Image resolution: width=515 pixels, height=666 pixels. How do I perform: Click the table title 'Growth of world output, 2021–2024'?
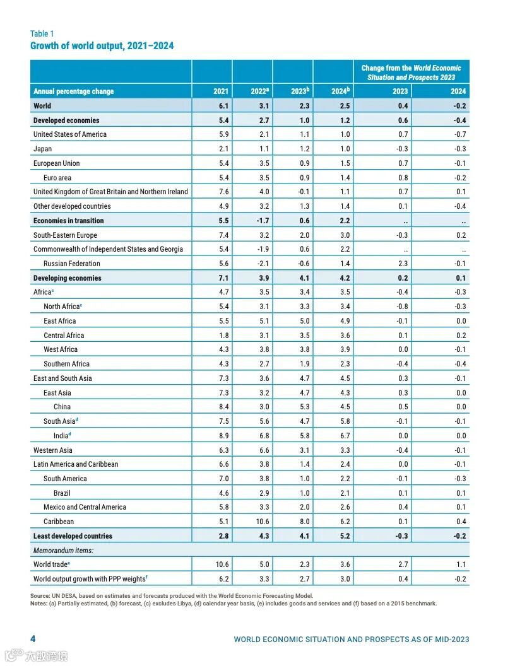pos(102,45)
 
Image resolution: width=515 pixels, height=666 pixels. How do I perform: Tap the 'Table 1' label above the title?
pos(42,33)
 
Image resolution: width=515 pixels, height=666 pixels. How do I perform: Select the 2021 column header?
pos(221,91)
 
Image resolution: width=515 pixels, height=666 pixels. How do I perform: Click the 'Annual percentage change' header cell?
pos(74,91)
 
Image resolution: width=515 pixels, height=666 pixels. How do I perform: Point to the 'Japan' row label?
pos(43,149)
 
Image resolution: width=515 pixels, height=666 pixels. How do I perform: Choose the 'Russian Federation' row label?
pos(72,264)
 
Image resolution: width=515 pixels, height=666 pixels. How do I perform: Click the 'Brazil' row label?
pos(62,493)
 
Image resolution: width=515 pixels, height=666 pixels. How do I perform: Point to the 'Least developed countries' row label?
pos(73,536)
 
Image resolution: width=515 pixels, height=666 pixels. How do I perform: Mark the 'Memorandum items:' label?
pos(62,551)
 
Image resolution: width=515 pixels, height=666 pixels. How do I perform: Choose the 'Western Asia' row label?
pos(53,450)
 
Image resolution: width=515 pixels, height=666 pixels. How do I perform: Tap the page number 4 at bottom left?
pos(33,639)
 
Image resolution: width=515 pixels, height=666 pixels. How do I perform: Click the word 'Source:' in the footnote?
pos(40,595)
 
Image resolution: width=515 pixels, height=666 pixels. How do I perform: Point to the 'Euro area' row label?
pos(57,178)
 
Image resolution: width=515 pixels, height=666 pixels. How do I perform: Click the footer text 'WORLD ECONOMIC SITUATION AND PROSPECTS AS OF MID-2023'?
pos(352,640)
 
